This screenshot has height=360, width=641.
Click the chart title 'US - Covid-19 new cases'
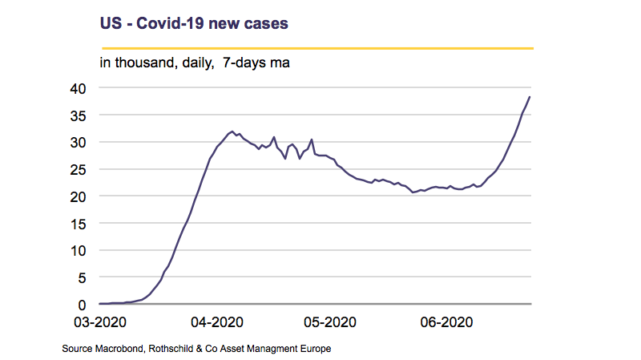[x=194, y=24]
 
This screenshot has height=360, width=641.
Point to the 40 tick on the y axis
[x=79, y=88]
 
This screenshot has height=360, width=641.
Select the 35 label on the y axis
[x=79, y=115]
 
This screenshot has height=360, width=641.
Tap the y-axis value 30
[x=79, y=143]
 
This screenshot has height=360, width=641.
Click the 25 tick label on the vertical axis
[x=79, y=169]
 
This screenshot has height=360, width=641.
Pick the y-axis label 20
[x=79, y=196]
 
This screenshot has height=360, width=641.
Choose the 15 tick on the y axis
[x=79, y=224]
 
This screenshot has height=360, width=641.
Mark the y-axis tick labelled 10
[x=79, y=251]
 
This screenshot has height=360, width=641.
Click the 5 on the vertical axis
[x=83, y=277]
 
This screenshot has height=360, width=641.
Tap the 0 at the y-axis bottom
[x=83, y=305]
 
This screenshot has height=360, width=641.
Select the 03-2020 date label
[x=100, y=322]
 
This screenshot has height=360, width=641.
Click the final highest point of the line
[x=530, y=97]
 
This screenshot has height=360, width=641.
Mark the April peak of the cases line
[x=232, y=131]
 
